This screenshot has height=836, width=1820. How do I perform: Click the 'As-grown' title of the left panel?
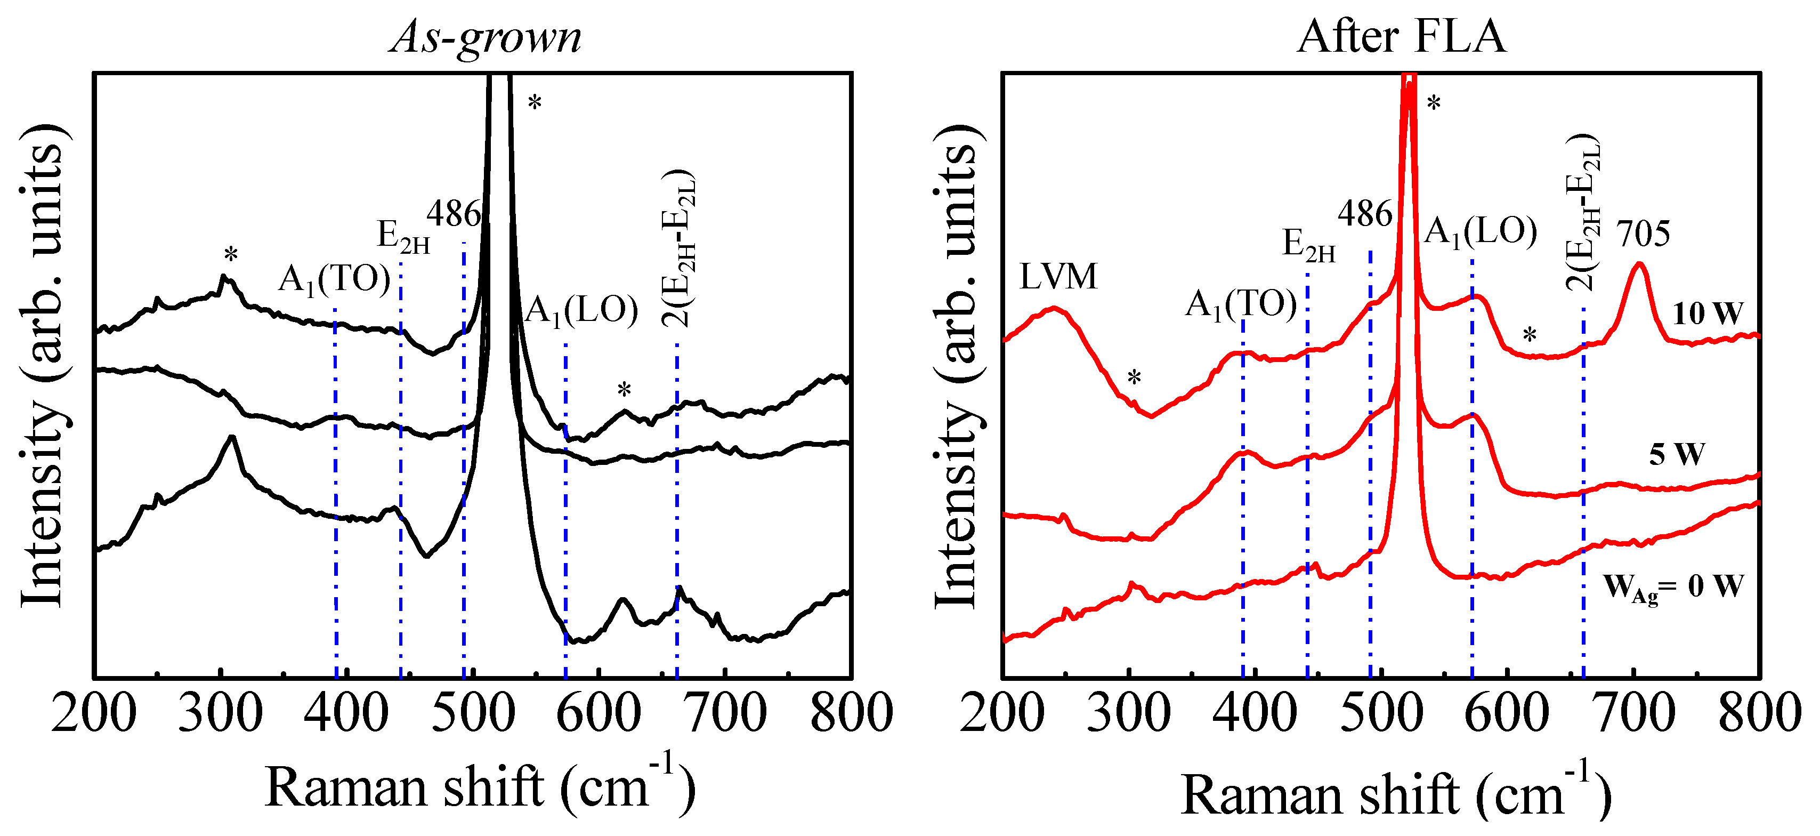point(486,37)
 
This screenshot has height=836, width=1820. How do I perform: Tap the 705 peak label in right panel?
point(1644,233)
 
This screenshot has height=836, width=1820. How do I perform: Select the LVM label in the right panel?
point(1058,276)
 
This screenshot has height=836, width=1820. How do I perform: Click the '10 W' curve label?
point(1707,313)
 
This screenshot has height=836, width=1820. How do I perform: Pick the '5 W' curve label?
point(1677,454)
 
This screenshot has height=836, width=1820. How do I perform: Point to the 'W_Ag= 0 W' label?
point(1673,586)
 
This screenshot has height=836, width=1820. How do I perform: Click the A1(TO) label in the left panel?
point(334,280)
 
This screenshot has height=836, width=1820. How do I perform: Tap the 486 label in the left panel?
point(454,213)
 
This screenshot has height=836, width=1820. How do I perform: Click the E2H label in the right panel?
point(1308,245)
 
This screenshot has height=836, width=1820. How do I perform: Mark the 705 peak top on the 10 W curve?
point(1639,264)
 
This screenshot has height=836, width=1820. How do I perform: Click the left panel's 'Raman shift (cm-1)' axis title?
point(480,787)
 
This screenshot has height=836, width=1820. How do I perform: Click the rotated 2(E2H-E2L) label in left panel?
point(678,247)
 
